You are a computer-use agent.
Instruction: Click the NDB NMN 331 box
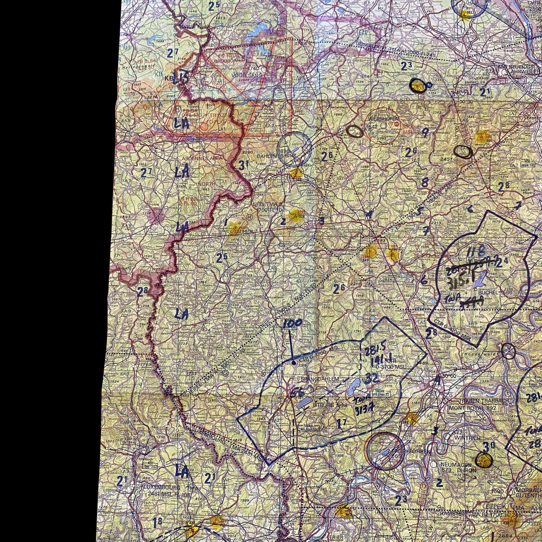(528, 165)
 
